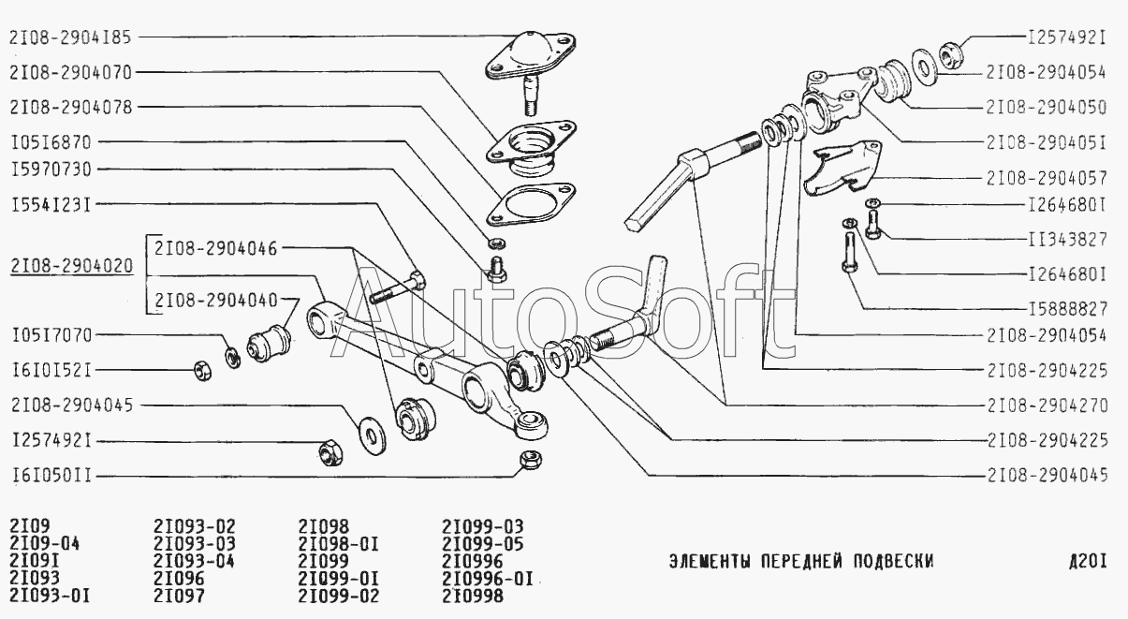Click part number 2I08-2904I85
click(70, 37)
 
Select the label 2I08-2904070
click(70, 72)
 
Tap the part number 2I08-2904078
click(71, 108)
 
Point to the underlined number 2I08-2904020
click(71, 266)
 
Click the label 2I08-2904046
click(216, 248)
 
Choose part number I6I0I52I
click(51, 371)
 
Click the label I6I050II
click(51, 476)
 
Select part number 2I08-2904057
click(1047, 178)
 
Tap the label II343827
click(1067, 239)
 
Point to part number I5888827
click(1067, 309)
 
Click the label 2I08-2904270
click(1047, 405)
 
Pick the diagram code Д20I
click(1089, 561)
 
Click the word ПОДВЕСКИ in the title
click(893, 561)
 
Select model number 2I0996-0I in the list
click(488, 579)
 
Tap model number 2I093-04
click(194, 561)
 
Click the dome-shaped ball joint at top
click(530, 54)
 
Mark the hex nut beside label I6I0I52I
click(202, 371)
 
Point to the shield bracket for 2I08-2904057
click(842, 168)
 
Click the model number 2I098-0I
click(338, 544)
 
